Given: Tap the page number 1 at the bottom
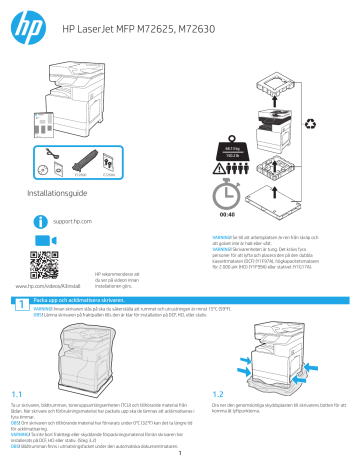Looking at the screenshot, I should [180, 459].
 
